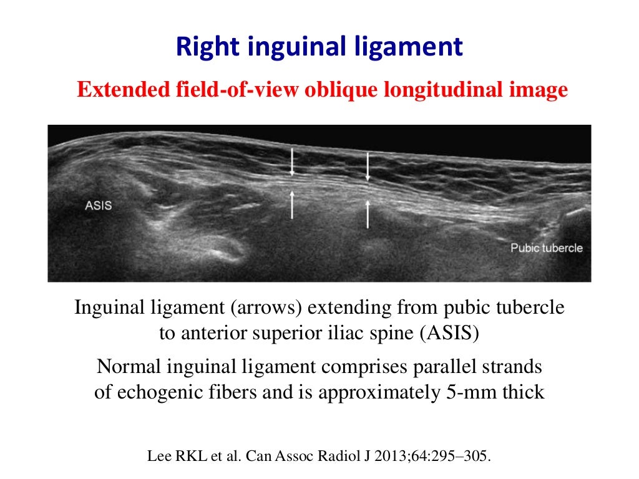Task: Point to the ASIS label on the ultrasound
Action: tap(99, 204)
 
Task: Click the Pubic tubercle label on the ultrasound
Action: tap(547, 248)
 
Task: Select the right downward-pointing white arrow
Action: tap(368, 165)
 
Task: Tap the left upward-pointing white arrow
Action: tap(291, 205)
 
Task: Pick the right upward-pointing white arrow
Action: tap(368, 213)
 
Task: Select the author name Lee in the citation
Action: tap(158, 456)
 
